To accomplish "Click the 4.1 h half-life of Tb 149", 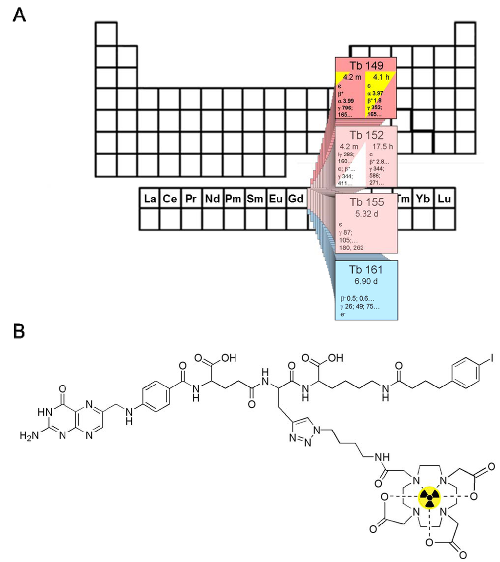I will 381,77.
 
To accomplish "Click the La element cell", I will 149,199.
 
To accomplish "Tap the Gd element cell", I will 297,199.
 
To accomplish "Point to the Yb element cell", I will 424,199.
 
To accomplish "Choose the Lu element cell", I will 445,199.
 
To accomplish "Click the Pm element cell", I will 233,199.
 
